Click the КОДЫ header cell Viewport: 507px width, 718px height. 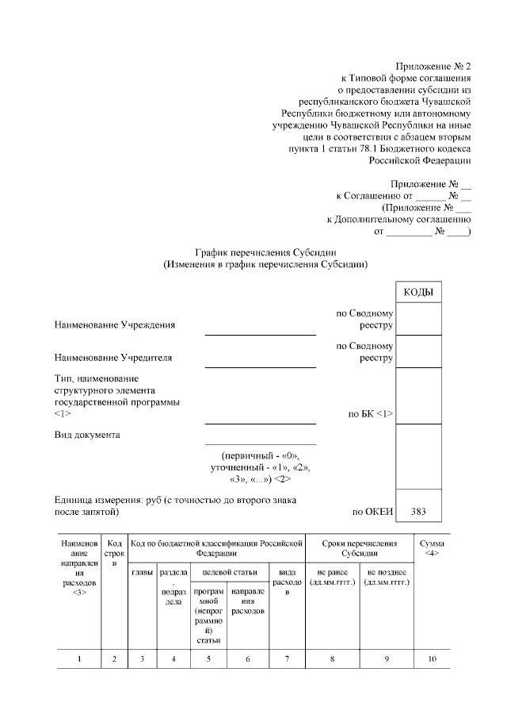[417, 293]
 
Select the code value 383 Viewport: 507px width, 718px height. [417, 512]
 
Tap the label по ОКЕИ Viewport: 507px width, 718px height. [372, 512]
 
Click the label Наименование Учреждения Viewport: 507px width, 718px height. [115, 324]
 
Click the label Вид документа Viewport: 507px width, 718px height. [87, 435]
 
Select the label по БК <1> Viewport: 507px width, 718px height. [371, 413]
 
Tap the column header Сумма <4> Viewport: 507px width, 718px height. [432, 548]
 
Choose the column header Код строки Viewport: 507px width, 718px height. [114, 552]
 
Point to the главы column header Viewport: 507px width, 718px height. [142, 572]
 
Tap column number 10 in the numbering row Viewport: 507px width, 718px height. [432, 658]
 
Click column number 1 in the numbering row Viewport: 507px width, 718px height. [78, 658]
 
